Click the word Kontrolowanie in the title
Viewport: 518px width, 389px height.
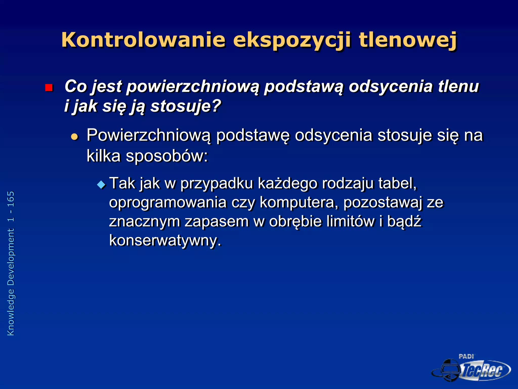[x=143, y=40]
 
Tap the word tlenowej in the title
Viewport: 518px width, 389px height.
[x=408, y=40]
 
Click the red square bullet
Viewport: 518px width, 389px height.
[x=49, y=88]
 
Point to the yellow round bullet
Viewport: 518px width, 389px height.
[x=75, y=137]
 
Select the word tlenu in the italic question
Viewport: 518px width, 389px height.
[x=458, y=86]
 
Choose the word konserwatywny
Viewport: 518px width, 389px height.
[x=165, y=240]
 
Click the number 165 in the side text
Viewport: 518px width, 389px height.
[x=11, y=200]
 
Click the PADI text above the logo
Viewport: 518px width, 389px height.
[x=466, y=356]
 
